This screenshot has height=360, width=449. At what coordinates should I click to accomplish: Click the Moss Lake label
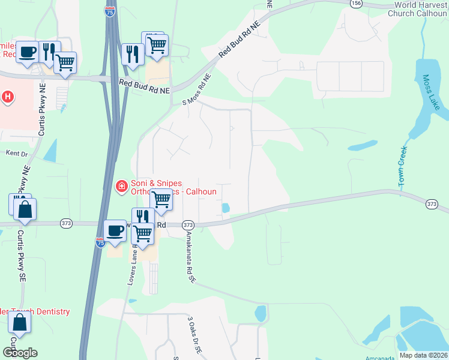pyautogui.click(x=431, y=92)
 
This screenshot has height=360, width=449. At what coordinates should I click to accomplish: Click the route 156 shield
pyautogui.click(x=357, y=3)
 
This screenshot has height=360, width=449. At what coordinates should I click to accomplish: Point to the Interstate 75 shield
pyautogui.click(x=100, y=242)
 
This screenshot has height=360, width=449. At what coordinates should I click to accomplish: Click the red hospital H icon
pyautogui.click(x=8, y=96)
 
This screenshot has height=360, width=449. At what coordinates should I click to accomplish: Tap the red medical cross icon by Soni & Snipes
pyautogui.click(x=121, y=187)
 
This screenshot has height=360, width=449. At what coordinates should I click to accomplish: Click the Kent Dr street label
pyautogui.click(x=17, y=154)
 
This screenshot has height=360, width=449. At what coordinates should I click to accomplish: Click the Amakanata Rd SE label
pyautogui.click(x=191, y=256)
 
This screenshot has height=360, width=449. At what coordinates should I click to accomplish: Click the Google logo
pyautogui.click(x=20, y=353)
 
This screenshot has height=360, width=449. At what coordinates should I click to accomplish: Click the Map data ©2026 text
pyautogui.click(x=423, y=355)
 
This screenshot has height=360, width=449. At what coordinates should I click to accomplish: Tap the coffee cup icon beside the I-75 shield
pyautogui.click(x=115, y=230)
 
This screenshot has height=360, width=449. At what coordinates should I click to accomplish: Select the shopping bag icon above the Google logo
pyautogui.click(x=20, y=323)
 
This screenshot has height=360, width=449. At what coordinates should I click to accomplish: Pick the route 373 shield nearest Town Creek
pyautogui.click(x=431, y=205)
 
